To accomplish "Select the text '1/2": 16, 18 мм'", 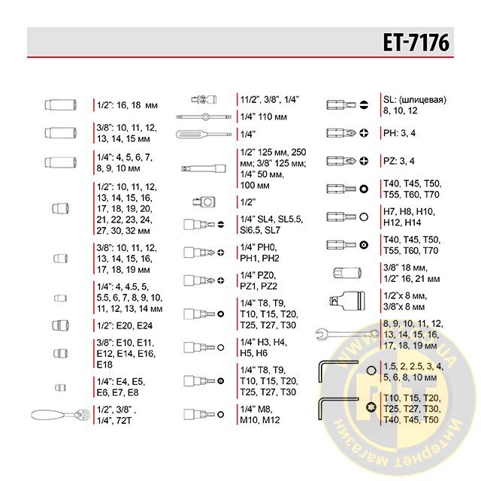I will (x=129, y=105).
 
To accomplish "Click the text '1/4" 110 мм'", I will (x=265, y=116).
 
